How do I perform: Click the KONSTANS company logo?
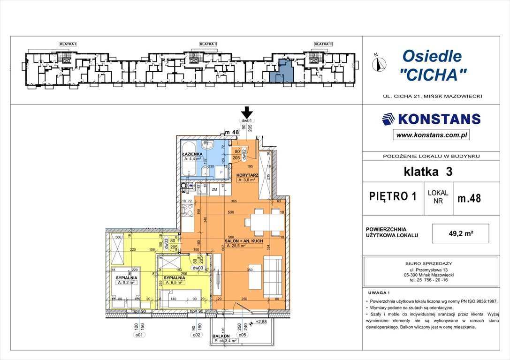pos(431,119)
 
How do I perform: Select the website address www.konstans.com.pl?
pos(431,135)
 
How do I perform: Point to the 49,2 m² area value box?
pos(462,233)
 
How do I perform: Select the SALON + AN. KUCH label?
pos(244,241)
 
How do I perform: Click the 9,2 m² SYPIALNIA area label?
pos(126,283)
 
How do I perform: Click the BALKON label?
pos(220,336)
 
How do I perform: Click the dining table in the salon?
pos(263,221)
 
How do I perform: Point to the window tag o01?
pos(139,335)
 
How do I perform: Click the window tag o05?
pos(243,335)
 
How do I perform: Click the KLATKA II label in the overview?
pos(208,44)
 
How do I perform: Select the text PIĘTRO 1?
pos(393,196)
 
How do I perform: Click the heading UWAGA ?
pos(379,291)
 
